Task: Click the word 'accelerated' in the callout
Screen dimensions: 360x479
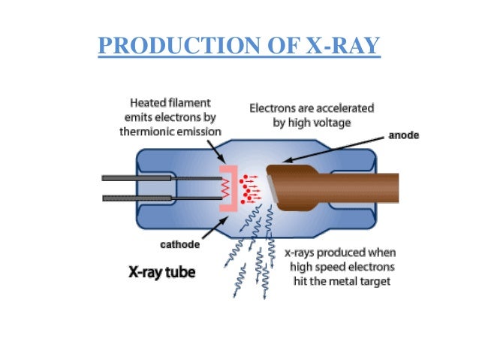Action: (x=343, y=107)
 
